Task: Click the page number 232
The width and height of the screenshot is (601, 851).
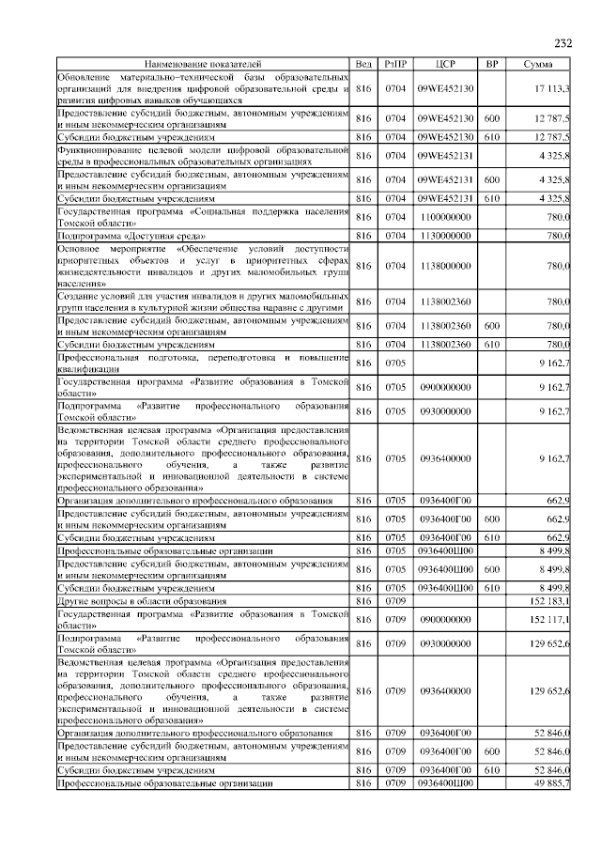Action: [562, 44]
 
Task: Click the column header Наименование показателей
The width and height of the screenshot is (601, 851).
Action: [203, 63]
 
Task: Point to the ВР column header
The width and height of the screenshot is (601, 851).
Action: [491, 63]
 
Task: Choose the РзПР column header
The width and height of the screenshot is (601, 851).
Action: [393, 63]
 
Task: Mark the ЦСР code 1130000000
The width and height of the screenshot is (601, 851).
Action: [445, 236]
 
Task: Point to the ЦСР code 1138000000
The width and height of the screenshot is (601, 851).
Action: [445, 266]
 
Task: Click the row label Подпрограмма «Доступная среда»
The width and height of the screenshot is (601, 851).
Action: [118, 236]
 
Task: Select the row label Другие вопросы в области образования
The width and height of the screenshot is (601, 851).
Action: [142, 600]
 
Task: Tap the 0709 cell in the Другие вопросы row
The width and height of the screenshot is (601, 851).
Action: [393, 600]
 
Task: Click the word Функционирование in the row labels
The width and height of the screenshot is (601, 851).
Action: [99, 149]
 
